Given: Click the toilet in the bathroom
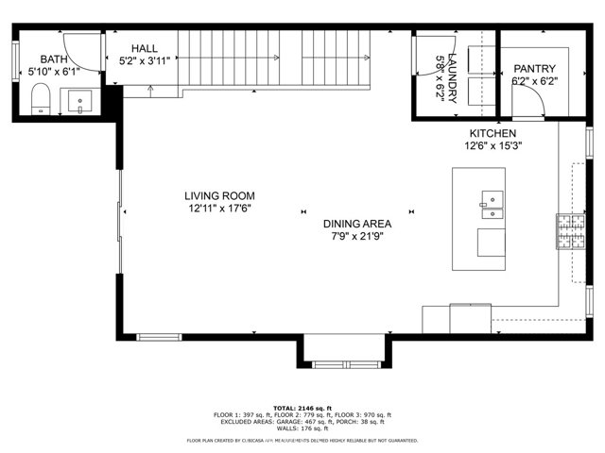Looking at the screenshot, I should pyautogui.click(x=41, y=98).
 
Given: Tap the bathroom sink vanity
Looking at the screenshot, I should pyautogui.click(x=79, y=100).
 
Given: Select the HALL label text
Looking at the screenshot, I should pyautogui.click(x=145, y=47).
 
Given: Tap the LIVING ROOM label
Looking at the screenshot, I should pyautogui.click(x=219, y=195).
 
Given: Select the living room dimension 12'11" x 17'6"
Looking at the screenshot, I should pyautogui.click(x=219, y=208).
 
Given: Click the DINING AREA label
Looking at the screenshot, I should pyautogui.click(x=357, y=224).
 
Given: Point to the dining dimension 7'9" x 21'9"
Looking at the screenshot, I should pyautogui.click(x=357, y=236).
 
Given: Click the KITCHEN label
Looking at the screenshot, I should pyautogui.click(x=493, y=134).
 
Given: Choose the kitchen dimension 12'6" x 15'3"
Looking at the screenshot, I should pyautogui.click(x=493, y=146).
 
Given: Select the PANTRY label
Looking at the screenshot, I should pyautogui.click(x=534, y=69).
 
